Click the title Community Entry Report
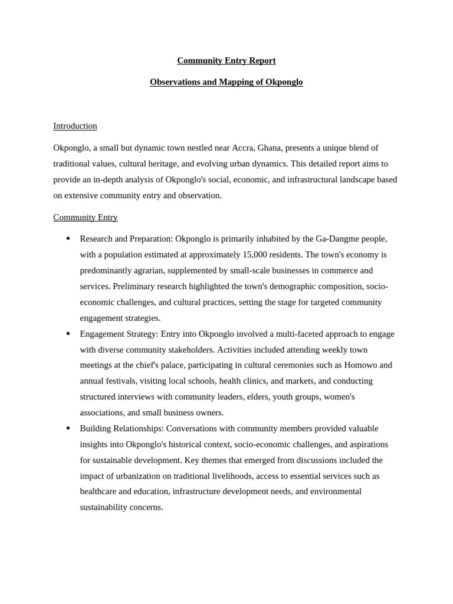[226, 61]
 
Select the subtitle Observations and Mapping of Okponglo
[226, 82]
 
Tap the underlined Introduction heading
[75, 126]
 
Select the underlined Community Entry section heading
[85, 217]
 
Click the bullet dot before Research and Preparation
[68, 238]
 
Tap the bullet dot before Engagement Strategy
[68, 333]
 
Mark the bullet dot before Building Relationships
[68, 428]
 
